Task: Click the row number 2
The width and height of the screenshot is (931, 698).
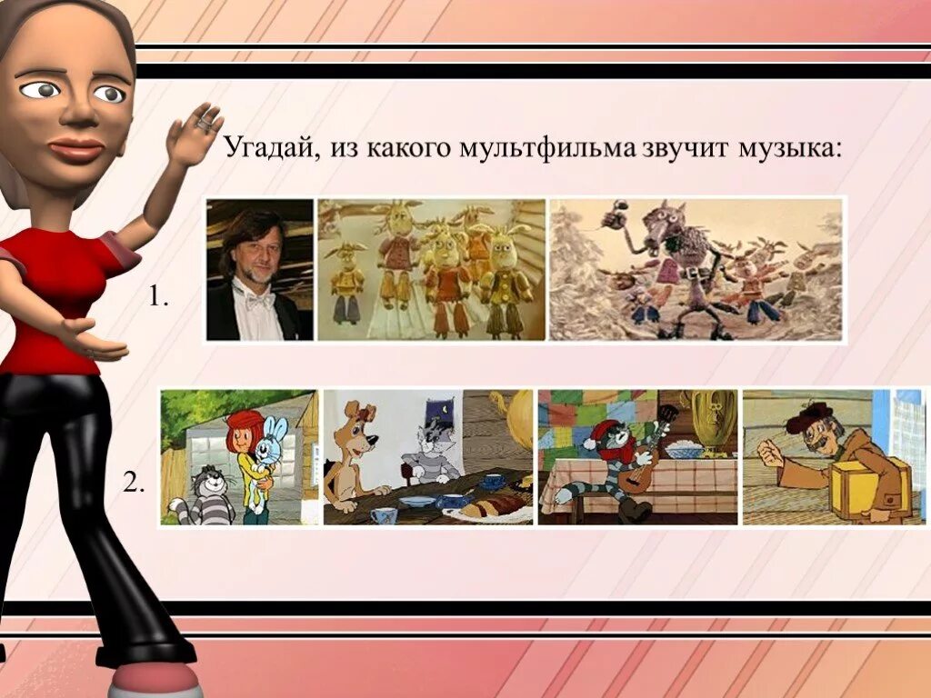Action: coord(134,484)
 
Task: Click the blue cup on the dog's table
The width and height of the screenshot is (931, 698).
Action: coord(384,515)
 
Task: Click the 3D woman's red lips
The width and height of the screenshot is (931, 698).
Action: coord(76,148)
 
